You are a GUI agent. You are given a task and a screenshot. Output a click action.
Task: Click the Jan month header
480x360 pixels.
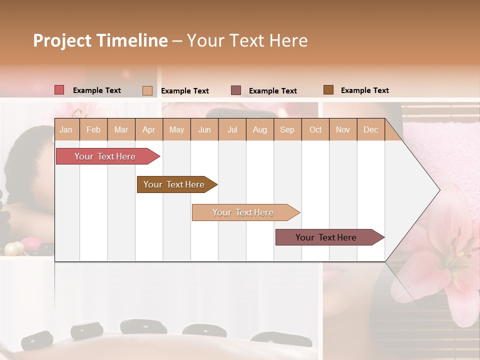(66, 129)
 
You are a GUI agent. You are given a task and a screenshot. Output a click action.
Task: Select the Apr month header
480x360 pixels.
(148, 129)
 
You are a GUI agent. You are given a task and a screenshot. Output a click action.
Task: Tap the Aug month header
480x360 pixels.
(259, 129)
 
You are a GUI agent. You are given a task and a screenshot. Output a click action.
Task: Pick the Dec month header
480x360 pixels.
(370, 129)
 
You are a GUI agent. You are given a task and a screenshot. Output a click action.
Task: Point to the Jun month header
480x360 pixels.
(204, 129)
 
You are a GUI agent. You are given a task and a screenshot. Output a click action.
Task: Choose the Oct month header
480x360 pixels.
(315, 129)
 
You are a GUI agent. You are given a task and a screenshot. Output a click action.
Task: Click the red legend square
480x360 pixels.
(59, 90)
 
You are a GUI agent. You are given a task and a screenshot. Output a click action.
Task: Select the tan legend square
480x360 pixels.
(147, 90)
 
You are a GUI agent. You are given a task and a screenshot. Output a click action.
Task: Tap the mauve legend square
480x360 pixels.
(235, 90)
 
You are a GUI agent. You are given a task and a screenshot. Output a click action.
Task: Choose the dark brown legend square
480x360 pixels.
(328, 90)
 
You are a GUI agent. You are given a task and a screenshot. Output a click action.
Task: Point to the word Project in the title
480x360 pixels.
(61, 40)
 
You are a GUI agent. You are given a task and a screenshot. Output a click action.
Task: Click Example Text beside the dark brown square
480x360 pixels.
(364, 90)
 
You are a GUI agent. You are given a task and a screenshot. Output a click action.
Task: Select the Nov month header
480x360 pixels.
(342, 129)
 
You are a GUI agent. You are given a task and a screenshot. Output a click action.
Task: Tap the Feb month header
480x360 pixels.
(93, 129)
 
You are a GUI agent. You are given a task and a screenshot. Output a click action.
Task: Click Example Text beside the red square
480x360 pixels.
(96, 90)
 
